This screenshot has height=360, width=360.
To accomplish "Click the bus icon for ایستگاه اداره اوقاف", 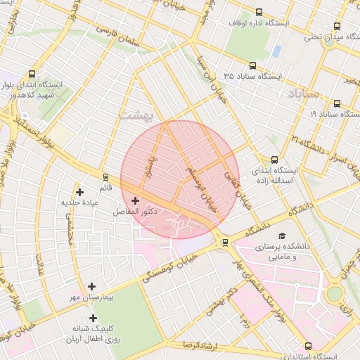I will [259, 12].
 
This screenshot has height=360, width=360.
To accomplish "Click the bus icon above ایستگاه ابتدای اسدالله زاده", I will [274, 160].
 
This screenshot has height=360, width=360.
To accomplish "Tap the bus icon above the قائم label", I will [105, 177].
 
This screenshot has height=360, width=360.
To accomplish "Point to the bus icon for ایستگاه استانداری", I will [308, 345].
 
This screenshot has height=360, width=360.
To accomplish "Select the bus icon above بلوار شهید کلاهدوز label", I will [33, 74].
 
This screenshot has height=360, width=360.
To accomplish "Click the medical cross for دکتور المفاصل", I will [135, 201].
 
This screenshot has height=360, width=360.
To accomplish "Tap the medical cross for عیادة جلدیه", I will [79, 192].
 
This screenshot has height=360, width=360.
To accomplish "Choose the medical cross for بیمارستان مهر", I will [92, 286].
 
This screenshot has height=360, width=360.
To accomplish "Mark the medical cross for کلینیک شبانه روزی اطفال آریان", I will [93, 319].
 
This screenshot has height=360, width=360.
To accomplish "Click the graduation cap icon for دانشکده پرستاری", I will [282, 236].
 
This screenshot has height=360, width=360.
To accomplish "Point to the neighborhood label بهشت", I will [134, 116].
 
